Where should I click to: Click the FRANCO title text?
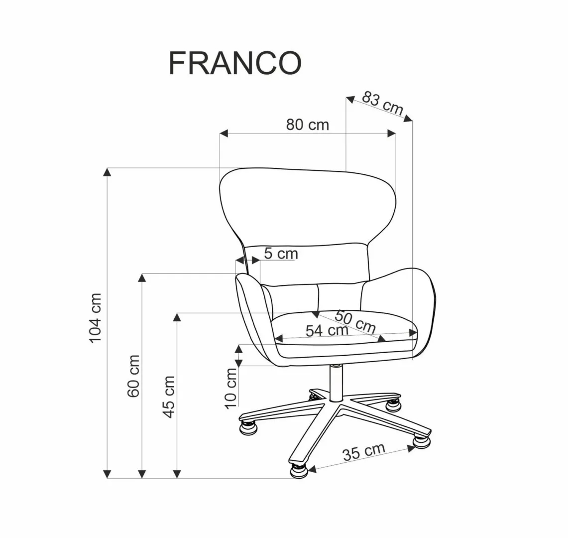coord(235,63)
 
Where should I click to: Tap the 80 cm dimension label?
coord(307,125)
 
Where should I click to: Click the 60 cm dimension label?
coord(133,376)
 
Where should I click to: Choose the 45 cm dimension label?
coord(169,397)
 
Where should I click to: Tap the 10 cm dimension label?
coord(230,387)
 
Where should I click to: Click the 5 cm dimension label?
coord(281,254)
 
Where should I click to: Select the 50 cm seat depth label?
coord(355,322)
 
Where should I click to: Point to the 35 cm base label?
coord(363,452)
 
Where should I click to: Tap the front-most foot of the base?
coord(298,469)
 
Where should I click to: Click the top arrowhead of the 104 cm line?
coord(107,172)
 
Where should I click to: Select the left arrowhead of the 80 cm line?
coord(224,133)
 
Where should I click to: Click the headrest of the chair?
coord(307,204)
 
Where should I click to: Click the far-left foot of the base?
coord(247,426)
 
